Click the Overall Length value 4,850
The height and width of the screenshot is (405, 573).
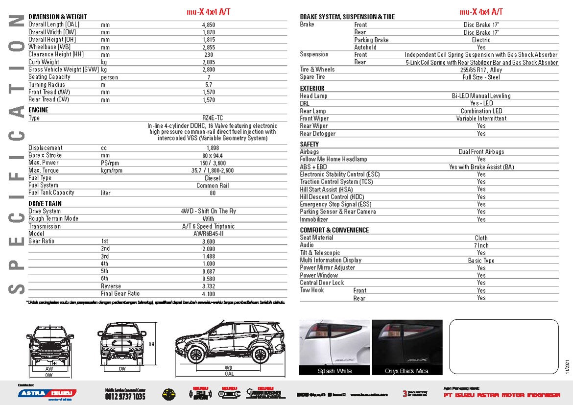[x=209, y=24]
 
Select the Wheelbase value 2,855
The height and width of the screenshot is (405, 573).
[x=209, y=47]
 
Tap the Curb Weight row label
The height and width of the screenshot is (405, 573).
[x=44, y=62]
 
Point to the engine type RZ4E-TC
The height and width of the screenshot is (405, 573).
[x=212, y=118]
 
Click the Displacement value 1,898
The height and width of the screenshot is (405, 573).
[x=213, y=148]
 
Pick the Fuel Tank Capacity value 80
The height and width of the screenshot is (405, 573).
[x=213, y=193]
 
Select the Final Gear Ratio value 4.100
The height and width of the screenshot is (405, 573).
[x=209, y=294]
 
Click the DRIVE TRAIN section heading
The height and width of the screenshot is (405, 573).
[x=45, y=204]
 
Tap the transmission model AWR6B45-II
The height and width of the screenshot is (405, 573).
[x=209, y=234]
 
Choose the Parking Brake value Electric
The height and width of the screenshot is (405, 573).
[x=481, y=40]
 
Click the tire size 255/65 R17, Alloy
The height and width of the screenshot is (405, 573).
[x=481, y=70]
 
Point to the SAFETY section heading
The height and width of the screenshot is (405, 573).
[x=310, y=144]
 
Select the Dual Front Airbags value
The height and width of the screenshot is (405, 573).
[x=481, y=152]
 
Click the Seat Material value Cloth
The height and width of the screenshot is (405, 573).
[x=481, y=238]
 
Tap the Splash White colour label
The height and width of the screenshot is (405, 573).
[x=334, y=371]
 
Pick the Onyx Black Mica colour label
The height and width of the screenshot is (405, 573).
[x=406, y=371]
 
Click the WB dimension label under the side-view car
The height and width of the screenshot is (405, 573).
[x=228, y=367]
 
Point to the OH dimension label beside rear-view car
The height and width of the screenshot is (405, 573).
[x=151, y=344]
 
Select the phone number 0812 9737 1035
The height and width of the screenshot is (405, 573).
[x=125, y=396]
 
